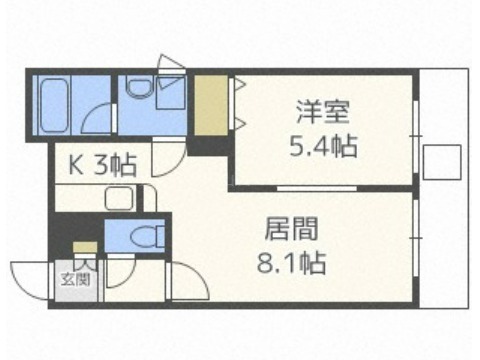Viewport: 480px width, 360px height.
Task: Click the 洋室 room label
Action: [323, 112]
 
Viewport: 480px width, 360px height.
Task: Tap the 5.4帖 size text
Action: [323, 146]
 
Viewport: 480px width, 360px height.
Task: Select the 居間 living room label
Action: [291, 229]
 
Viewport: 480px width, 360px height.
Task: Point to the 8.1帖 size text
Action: [291, 263]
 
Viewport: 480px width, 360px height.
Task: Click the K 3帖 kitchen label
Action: [103, 165]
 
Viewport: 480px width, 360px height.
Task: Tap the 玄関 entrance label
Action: [76, 279]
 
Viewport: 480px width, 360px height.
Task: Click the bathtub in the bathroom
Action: [53, 105]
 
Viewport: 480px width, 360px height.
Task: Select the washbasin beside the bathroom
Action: [139, 86]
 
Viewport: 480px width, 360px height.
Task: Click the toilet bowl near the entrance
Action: [145, 237]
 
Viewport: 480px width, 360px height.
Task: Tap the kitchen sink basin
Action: [119, 198]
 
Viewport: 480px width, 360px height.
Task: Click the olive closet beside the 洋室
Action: [211, 105]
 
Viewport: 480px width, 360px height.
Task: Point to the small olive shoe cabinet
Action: [85, 247]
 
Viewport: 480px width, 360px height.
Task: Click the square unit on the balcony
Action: [442, 162]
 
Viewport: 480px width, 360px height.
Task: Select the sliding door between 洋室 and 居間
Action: [317, 188]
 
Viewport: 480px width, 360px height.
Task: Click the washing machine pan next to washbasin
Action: [170, 92]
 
